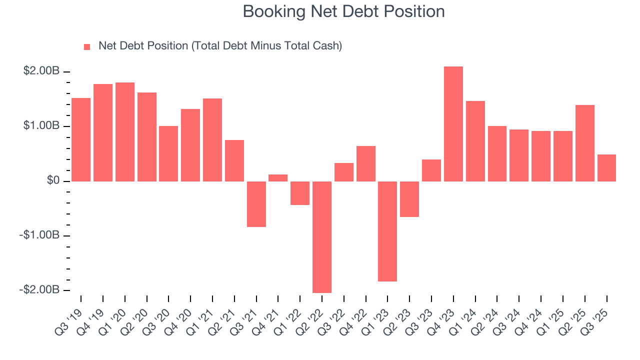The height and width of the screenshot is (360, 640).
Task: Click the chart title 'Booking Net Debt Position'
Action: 343,11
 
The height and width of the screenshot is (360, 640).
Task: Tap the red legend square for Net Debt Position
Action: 87,46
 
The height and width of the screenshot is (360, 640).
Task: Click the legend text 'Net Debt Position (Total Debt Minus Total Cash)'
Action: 220,46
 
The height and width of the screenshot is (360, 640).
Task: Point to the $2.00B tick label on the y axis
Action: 41,71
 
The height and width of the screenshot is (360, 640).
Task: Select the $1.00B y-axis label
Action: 41,126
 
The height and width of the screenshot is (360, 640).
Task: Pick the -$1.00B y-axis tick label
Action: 39,235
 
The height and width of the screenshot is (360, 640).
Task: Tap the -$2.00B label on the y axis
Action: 39,290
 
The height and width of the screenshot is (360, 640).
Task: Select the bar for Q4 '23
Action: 453,124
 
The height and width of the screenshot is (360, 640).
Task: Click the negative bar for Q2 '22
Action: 322,236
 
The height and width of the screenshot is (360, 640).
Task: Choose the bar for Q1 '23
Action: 387,231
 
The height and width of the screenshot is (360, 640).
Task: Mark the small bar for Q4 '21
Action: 278,178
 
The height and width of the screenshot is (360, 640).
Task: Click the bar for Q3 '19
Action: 81,139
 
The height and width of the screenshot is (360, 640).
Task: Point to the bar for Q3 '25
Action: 606,168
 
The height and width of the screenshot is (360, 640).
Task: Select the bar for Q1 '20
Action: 125,132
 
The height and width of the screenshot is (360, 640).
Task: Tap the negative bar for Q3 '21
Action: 256,204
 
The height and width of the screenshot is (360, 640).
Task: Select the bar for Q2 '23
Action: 409,199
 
